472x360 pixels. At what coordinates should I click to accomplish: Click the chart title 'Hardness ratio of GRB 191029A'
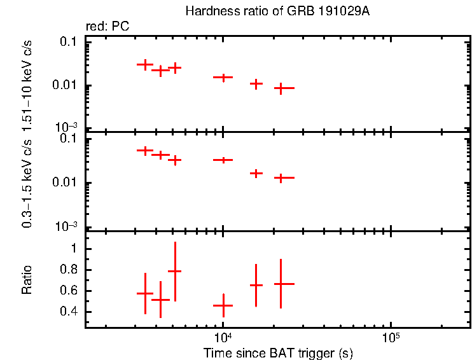277,11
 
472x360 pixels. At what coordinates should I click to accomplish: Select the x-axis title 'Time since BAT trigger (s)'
278,352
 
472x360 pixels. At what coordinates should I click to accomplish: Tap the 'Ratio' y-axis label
27,280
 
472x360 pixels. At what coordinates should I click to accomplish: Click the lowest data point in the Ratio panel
223,306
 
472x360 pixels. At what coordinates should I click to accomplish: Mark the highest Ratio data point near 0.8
175,271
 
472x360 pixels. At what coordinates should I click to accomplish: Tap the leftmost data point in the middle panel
145,151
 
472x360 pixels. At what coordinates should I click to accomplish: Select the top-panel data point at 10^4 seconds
223,77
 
